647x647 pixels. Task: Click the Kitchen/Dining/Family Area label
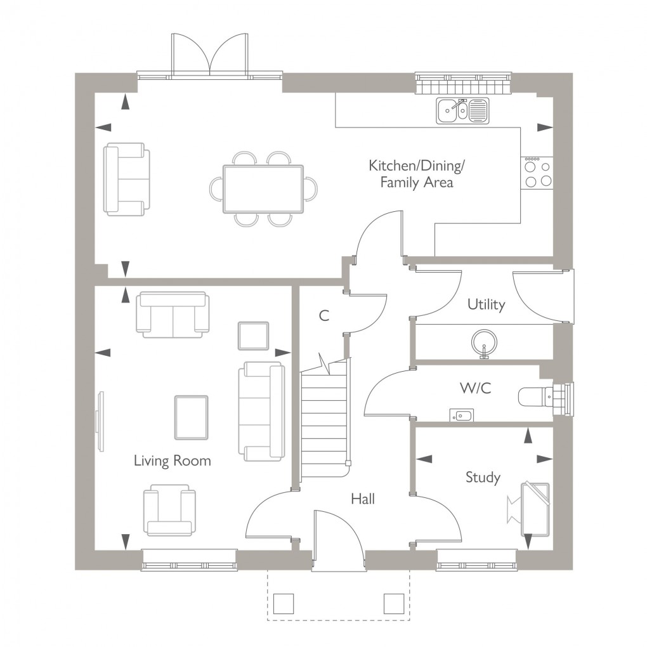(x=417, y=174)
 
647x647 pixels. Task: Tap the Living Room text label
(x=172, y=461)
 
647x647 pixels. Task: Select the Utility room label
(x=486, y=304)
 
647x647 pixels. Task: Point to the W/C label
(x=476, y=388)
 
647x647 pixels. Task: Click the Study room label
(x=483, y=477)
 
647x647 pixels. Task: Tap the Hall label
(x=363, y=499)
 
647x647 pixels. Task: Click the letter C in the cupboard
(x=324, y=315)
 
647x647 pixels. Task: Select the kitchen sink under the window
(x=462, y=110)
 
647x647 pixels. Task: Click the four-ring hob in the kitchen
(x=537, y=173)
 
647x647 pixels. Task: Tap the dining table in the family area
(x=263, y=189)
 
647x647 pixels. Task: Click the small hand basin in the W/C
(x=461, y=415)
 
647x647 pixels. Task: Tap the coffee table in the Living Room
(x=191, y=417)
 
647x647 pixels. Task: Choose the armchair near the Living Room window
(x=169, y=510)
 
